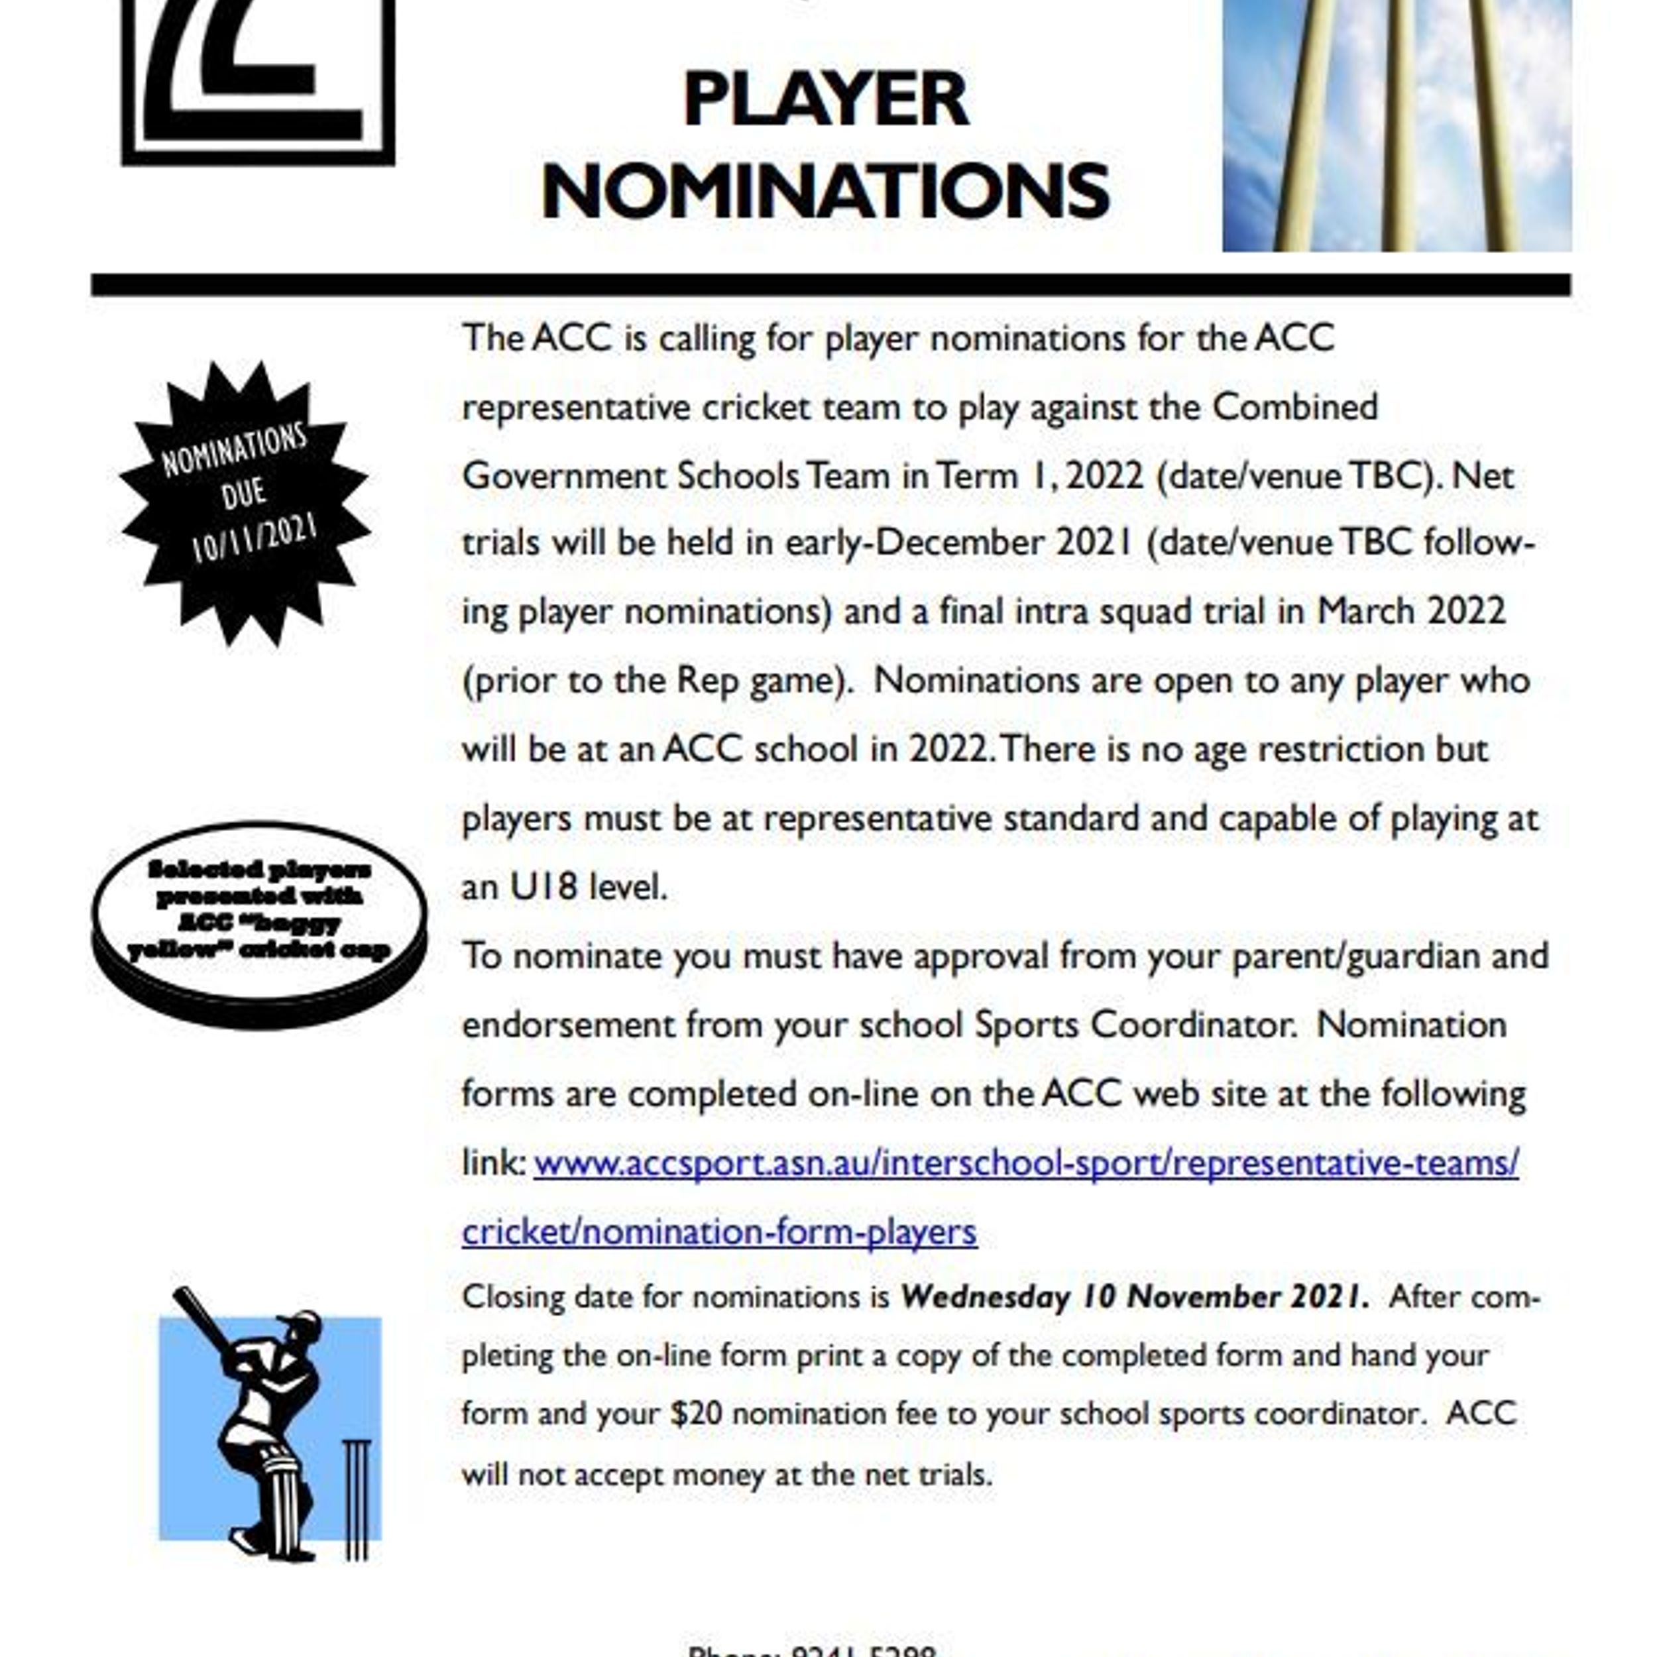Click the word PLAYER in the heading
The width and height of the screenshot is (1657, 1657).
(825, 100)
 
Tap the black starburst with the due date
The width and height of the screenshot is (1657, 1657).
(245, 504)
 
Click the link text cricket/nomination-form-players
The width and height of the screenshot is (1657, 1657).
(718, 1232)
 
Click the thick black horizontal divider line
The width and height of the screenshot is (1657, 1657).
(830, 285)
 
